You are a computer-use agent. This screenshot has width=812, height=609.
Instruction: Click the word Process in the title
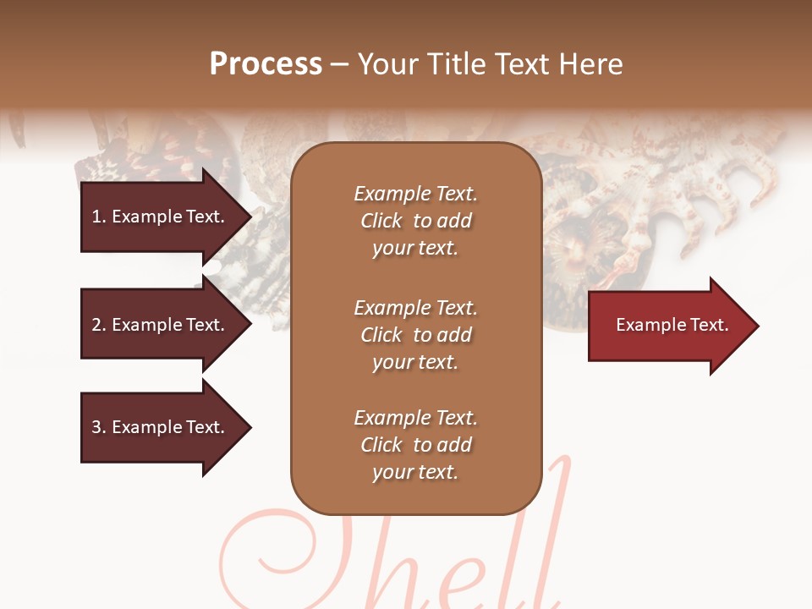(266, 64)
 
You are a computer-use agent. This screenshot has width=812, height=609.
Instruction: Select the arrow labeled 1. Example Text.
(161, 217)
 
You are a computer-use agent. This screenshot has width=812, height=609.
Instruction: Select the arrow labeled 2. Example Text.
(161, 325)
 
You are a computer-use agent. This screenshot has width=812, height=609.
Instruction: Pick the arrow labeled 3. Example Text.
(161, 427)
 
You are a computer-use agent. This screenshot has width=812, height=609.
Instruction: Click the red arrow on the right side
(668, 325)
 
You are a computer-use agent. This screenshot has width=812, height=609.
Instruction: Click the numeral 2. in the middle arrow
(98, 325)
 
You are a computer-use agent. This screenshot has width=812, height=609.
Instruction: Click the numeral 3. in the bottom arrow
(98, 427)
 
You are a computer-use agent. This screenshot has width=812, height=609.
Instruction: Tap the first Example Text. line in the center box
(415, 194)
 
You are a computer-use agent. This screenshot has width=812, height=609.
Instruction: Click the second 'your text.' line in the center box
(415, 362)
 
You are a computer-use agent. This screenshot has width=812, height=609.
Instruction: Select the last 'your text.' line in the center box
(415, 472)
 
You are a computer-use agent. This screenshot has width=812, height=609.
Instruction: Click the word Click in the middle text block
(381, 335)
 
